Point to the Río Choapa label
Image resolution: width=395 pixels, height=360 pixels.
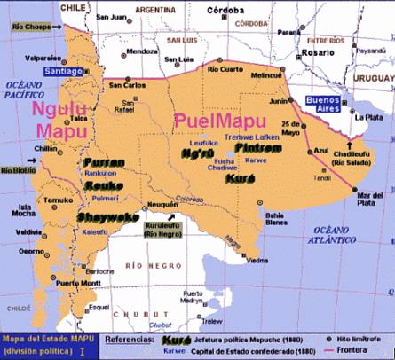(x=29, y=28)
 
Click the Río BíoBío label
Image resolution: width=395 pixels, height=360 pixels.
(x=19, y=169)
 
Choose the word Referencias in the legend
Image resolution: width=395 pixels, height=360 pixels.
(x=129, y=339)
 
